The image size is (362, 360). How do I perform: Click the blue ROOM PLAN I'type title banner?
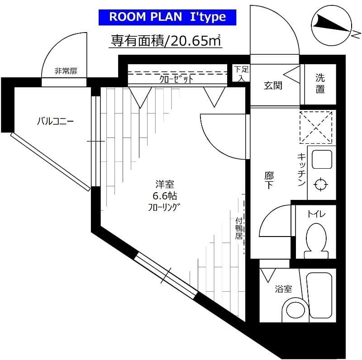[167, 17]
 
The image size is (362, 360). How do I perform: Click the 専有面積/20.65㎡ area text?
[166, 41]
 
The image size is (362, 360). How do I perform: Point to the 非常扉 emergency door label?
[66, 71]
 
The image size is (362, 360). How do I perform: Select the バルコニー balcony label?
[55, 121]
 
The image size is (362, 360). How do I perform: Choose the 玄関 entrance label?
[273, 85]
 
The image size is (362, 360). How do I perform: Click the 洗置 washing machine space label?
[320, 83]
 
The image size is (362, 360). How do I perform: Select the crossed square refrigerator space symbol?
[317, 125]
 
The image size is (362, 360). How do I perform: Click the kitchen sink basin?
[321, 158]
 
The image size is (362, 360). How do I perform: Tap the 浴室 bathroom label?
[283, 289]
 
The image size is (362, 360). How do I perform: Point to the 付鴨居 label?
[239, 228]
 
